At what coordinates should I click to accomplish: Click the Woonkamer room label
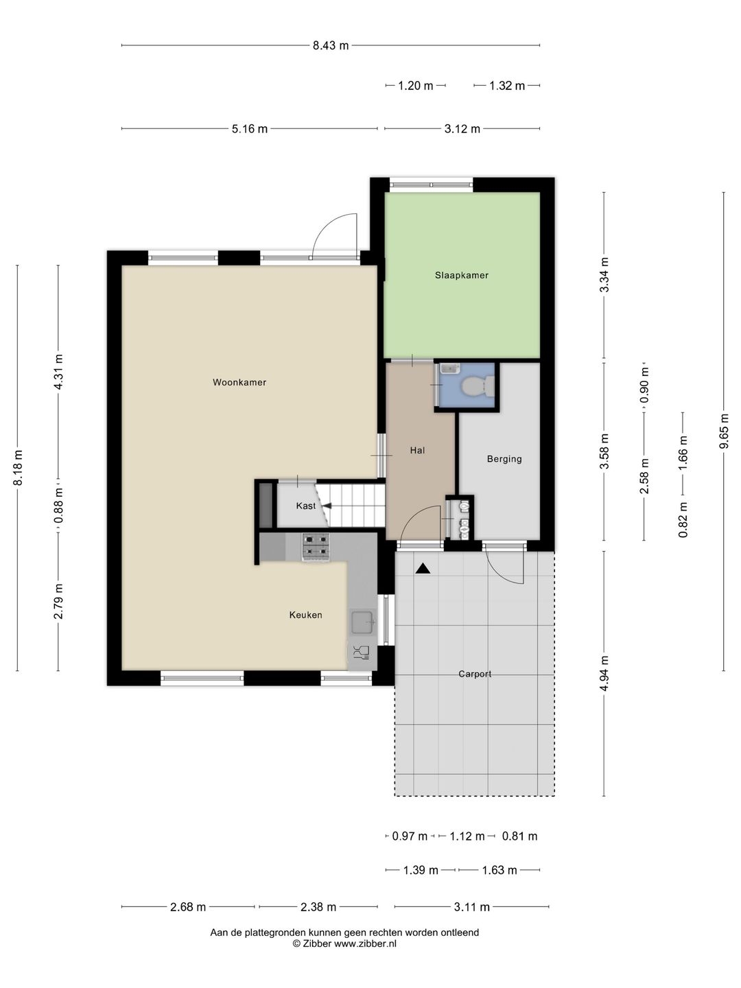239,383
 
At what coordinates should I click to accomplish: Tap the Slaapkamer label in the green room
461,275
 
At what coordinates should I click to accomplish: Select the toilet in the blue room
479,386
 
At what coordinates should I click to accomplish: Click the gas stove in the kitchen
316,546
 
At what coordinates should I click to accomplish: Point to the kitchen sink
362,622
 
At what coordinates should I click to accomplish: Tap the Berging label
504,459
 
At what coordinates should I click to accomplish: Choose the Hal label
417,450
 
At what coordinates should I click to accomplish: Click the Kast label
305,506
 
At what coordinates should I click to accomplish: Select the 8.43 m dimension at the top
331,45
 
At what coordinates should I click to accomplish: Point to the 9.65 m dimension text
723,431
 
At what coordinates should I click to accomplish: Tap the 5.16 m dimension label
249,129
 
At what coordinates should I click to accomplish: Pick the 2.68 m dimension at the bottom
187,907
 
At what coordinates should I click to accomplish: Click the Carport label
475,674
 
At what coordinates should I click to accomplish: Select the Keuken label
305,615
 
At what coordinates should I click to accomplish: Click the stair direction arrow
327,506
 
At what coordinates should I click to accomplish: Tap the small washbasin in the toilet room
450,369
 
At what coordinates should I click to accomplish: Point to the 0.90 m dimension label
644,386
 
